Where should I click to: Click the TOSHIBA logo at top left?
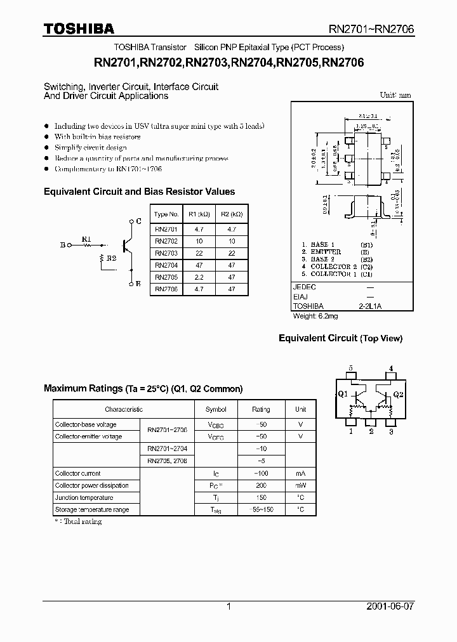click(79, 29)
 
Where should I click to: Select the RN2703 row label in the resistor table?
click(166, 252)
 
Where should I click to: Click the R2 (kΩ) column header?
click(231, 214)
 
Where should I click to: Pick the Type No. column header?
click(166, 214)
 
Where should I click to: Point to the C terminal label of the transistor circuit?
click(138, 221)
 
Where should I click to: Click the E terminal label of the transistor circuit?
click(138, 284)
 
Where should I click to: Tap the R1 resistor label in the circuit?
click(87, 239)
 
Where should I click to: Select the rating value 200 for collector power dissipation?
click(261, 485)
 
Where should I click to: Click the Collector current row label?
click(78, 473)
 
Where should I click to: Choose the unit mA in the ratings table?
click(300, 473)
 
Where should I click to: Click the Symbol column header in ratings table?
click(216, 410)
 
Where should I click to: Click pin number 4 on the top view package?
click(391, 368)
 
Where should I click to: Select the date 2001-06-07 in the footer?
click(390, 606)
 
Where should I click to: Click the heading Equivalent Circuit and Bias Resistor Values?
click(139, 192)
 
